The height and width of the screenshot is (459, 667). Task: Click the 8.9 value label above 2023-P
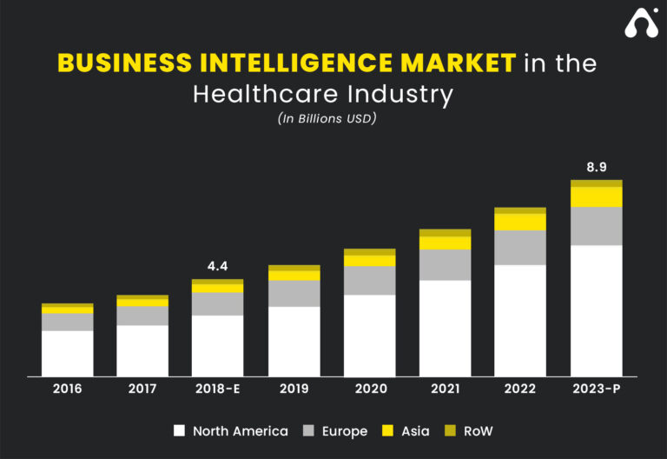pos(596,167)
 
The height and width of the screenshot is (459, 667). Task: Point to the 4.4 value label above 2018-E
pos(217,267)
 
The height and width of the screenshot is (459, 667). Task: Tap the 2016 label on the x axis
pos(67,389)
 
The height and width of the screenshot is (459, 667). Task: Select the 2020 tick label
pos(369,389)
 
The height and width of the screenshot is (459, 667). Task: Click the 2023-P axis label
pos(596,389)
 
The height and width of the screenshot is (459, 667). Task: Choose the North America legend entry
pos(230,431)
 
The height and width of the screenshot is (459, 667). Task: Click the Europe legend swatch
pos(308,431)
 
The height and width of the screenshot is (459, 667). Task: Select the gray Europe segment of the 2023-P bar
pos(596,226)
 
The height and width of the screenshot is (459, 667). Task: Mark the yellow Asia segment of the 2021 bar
pos(445,243)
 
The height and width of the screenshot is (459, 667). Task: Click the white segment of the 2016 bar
pos(67,353)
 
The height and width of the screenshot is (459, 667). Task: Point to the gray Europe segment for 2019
pos(294,293)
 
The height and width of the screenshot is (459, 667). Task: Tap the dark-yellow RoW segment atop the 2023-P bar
pos(596,183)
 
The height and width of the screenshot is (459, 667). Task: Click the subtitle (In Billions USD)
pos(327,119)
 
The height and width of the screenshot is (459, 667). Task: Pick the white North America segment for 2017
pos(142,350)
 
